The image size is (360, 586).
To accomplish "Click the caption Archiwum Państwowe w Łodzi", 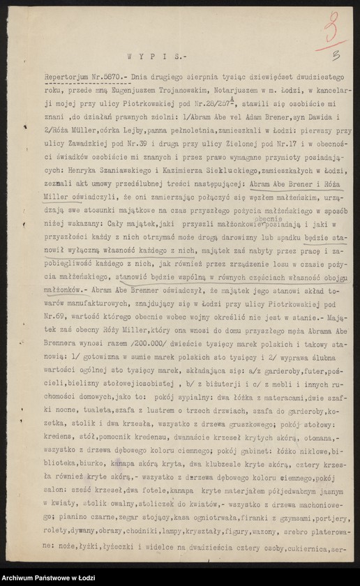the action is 49,578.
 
